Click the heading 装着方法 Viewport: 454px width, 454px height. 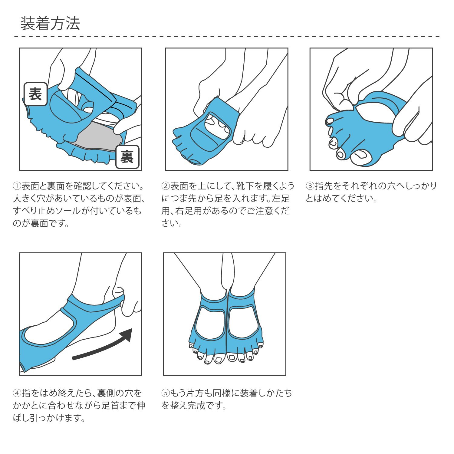point(50,24)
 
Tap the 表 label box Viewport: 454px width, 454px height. point(35,94)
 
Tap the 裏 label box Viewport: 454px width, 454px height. point(127,157)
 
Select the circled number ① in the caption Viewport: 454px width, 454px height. point(17,186)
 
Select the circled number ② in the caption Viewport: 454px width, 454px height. point(166,186)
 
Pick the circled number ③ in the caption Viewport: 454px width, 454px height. point(310,186)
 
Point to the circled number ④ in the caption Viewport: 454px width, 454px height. point(17,393)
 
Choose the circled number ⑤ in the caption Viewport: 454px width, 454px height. point(166,393)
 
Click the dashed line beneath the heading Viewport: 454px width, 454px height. point(227,37)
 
